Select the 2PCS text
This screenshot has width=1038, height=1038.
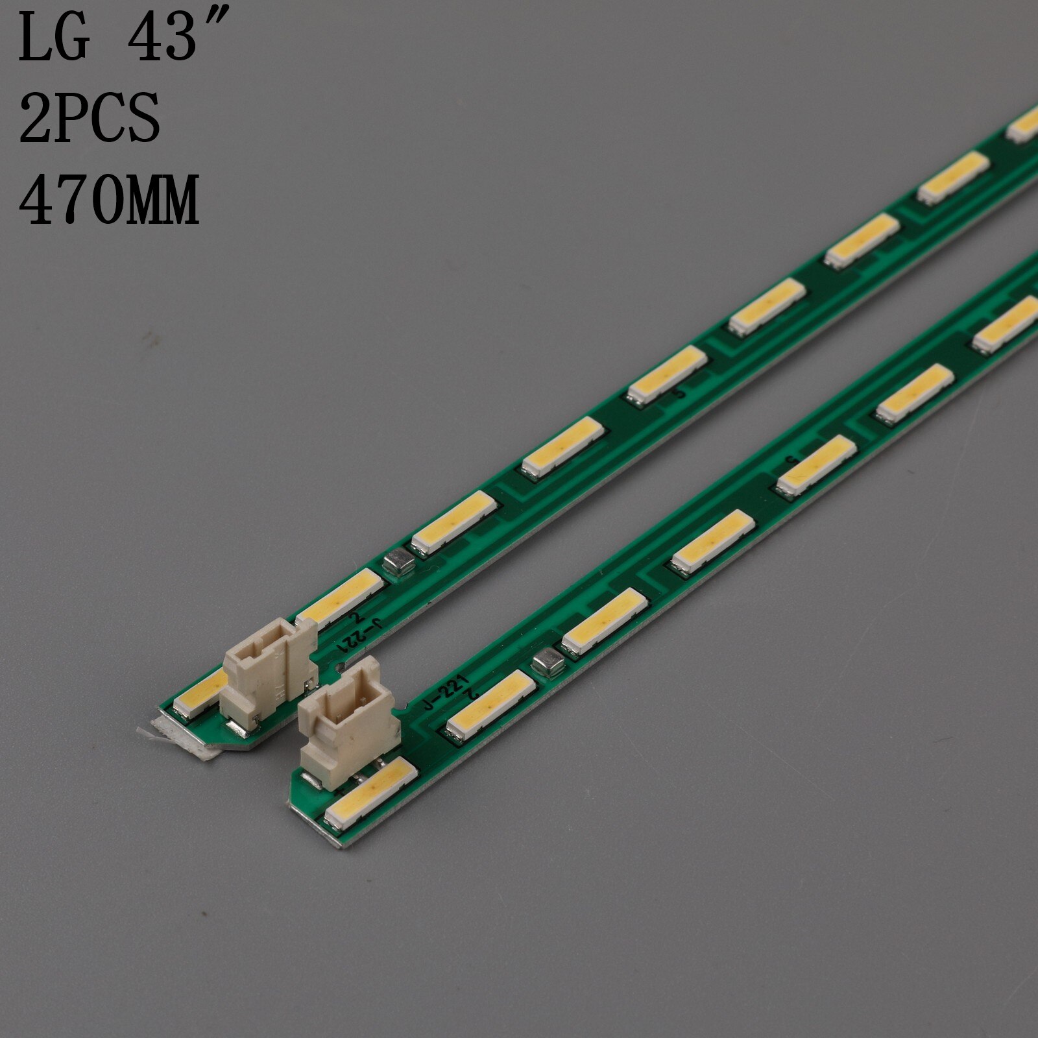90,119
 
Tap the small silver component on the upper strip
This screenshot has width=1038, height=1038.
396,565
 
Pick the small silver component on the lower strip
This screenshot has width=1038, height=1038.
547,662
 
